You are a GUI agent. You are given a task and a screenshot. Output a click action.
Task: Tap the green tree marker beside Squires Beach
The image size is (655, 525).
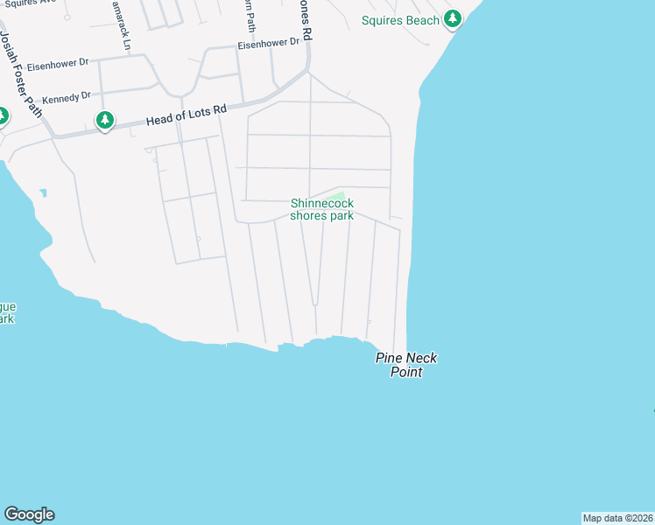452,18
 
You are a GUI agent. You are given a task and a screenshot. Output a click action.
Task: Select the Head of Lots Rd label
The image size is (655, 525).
186,115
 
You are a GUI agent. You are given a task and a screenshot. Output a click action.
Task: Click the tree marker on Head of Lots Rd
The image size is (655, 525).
105,121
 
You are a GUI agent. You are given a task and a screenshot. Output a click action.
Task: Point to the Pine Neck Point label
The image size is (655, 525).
406,365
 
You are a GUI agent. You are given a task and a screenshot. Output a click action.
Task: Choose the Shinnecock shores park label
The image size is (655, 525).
322,209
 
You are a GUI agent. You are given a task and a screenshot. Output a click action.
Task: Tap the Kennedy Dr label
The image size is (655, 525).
67,96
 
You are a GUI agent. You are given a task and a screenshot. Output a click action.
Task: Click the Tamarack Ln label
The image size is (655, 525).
123,24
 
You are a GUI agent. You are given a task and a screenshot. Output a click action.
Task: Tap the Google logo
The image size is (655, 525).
29,514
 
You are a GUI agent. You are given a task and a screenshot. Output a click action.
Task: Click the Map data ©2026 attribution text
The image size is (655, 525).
617,518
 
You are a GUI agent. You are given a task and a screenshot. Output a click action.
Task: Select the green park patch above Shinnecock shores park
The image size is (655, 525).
340,195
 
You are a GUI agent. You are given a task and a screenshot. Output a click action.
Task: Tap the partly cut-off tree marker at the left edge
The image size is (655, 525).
3,115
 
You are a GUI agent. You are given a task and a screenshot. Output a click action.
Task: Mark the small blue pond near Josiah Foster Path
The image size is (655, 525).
42,192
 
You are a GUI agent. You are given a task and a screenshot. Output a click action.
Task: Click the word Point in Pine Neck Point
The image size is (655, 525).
406,372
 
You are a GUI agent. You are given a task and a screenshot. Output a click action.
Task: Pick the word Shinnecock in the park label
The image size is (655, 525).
322,203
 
